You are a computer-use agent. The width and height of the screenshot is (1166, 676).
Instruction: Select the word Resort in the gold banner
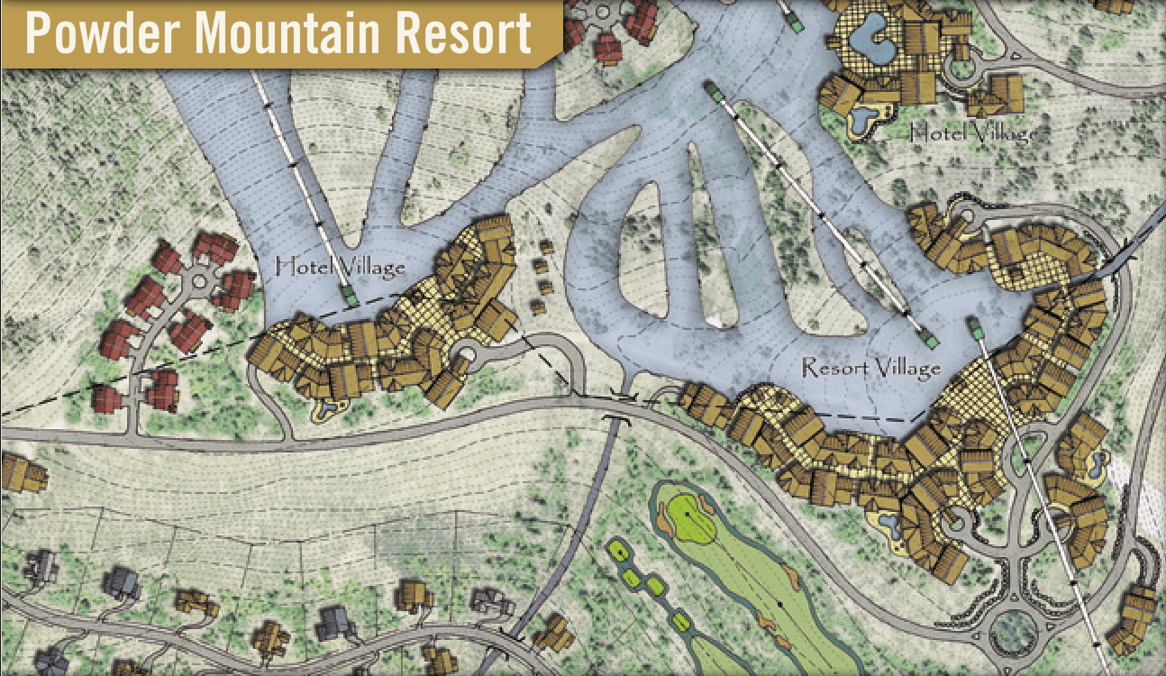pyautogui.click(x=474, y=33)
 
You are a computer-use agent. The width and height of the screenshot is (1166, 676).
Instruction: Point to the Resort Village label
pyautogui.click(x=870, y=368)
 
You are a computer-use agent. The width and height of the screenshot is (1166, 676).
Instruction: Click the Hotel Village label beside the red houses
pyautogui.click(x=340, y=267)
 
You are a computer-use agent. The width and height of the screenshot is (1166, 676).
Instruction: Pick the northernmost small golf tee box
pyautogui.click(x=617, y=549)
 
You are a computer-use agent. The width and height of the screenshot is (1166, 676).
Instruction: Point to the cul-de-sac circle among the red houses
pyautogui.click(x=198, y=281)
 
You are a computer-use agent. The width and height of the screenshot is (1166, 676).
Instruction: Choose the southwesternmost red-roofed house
pyautogui.click(x=106, y=397)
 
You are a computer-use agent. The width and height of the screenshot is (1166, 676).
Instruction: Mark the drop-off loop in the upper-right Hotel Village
pyautogui.click(x=966, y=64)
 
